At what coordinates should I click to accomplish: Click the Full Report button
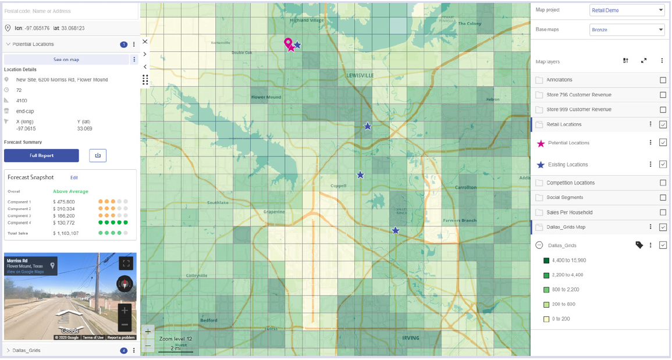click(41, 155)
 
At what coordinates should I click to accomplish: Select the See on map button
click(66, 59)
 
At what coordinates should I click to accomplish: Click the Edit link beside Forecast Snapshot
click(74, 177)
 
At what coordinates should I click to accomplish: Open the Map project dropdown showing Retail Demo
click(627, 10)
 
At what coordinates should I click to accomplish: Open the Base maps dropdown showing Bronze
click(627, 30)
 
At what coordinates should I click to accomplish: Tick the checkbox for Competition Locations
click(663, 183)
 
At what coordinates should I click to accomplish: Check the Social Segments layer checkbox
click(663, 198)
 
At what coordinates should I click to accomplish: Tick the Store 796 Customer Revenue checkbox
click(663, 95)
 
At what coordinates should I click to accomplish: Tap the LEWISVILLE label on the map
click(360, 76)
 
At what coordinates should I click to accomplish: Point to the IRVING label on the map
click(411, 338)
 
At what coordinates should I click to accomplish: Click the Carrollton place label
click(465, 187)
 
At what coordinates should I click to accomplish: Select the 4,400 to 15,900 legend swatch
click(546, 260)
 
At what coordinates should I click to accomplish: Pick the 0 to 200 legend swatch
click(546, 319)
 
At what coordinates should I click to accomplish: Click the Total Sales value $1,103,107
click(66, 233)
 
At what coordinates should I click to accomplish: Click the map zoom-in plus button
click(148, 332)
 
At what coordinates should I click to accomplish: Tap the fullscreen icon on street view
click(126, 263)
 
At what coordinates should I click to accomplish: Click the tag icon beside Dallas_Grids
click(639, 245)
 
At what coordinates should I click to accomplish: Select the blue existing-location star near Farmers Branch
click(396, 231)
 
